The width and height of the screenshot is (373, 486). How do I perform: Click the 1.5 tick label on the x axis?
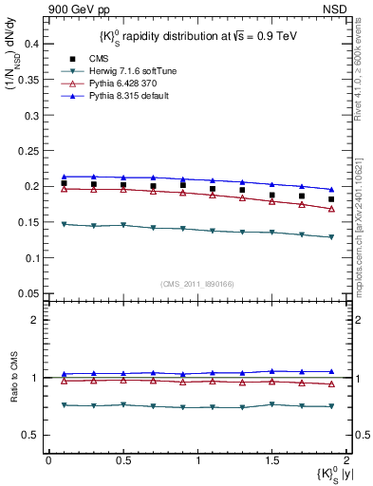tap(271, 460)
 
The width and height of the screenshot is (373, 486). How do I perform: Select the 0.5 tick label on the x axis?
tap(122, 460)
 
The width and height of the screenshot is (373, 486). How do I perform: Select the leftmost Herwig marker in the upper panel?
tap(64, 224)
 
